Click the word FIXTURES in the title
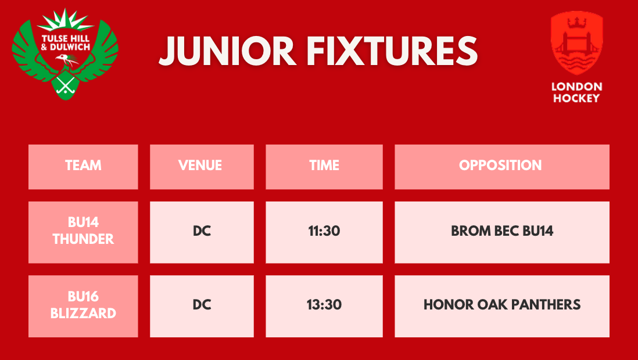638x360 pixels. [392, 51]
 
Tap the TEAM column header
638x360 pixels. [83, 167]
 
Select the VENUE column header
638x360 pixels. [202, 167]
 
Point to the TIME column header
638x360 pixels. [324, 167]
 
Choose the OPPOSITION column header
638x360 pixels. [502, 167]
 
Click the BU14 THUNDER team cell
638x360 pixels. [83, 232]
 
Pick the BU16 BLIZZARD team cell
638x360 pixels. [83, 307]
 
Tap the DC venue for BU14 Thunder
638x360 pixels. [202, 232]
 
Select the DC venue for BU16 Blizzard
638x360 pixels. [202, 307]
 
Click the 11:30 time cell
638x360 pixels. [324, 232]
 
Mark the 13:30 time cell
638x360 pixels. [324, 307]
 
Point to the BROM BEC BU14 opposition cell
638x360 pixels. [502, 232]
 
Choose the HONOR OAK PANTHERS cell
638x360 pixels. [502, 307]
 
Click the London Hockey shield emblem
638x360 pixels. [576, 43]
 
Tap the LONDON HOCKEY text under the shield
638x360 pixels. [576, 92]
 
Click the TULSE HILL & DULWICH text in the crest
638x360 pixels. [66, 43]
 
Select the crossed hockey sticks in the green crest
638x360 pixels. [65, 85]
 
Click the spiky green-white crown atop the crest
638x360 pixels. [65, 20]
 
